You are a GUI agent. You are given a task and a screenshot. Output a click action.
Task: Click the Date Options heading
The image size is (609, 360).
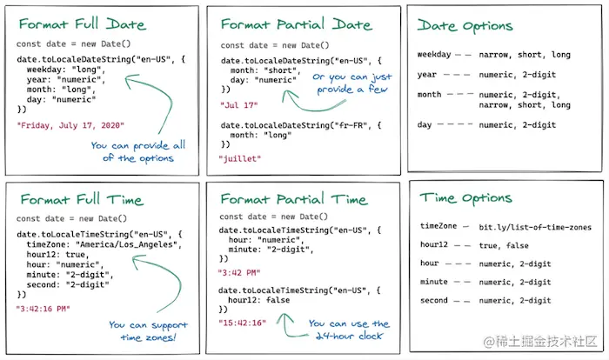pos(466,25)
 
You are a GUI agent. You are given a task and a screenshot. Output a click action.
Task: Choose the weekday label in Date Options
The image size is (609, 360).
pos(434,55)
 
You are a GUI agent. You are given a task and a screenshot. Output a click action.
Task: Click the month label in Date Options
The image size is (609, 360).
pos(429,95)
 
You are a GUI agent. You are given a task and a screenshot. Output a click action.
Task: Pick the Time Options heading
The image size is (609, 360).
pos(468,198)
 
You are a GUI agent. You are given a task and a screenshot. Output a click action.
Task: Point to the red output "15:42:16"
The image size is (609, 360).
pos(243,323)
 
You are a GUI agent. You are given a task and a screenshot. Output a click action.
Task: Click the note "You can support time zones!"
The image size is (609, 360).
pos(147,331)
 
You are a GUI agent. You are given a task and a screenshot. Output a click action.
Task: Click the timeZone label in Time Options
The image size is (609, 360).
pos(437,227)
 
